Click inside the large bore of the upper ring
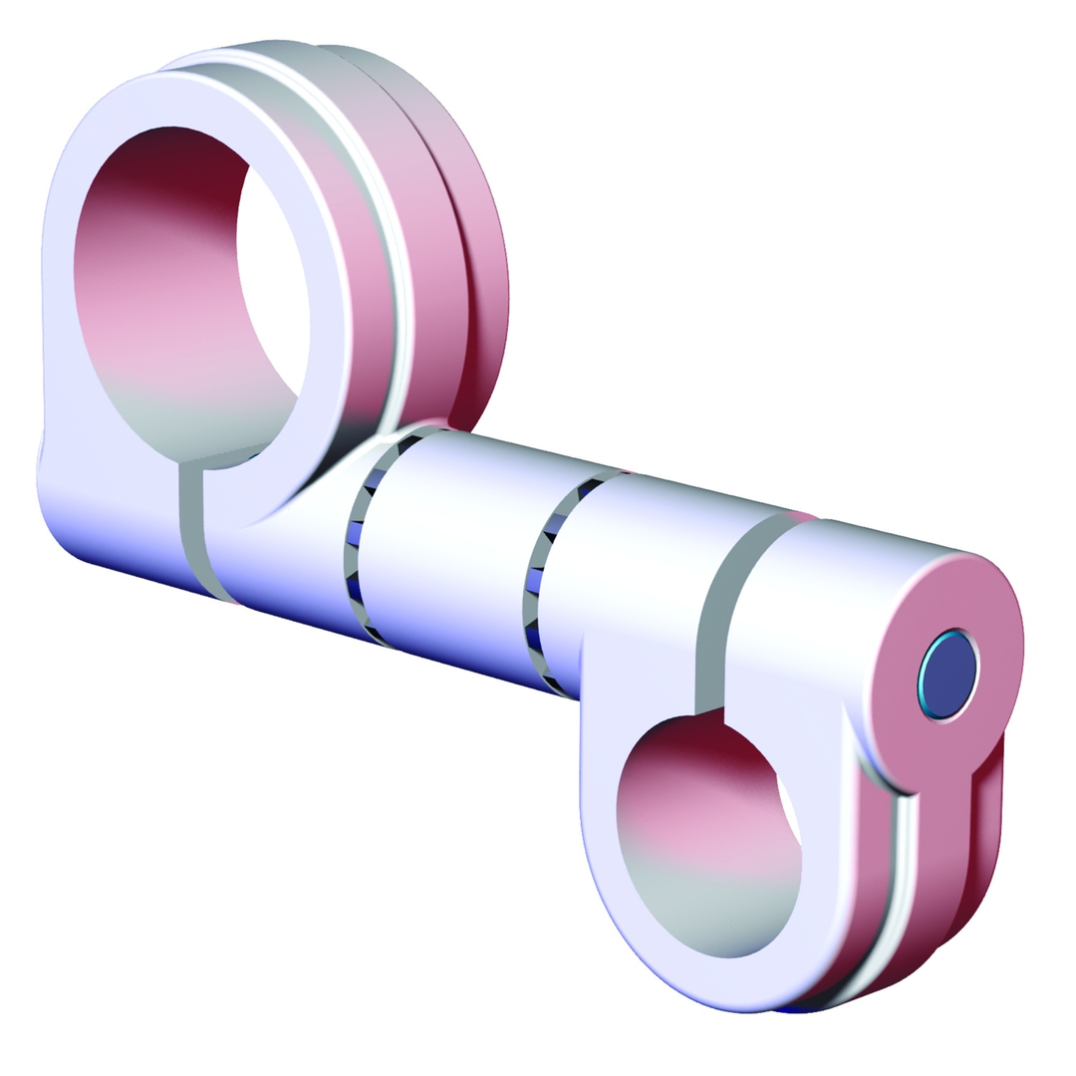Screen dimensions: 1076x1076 [189, 299]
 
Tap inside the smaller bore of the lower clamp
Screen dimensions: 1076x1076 [707, 837]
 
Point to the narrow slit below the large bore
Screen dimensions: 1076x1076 [190, 528]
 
